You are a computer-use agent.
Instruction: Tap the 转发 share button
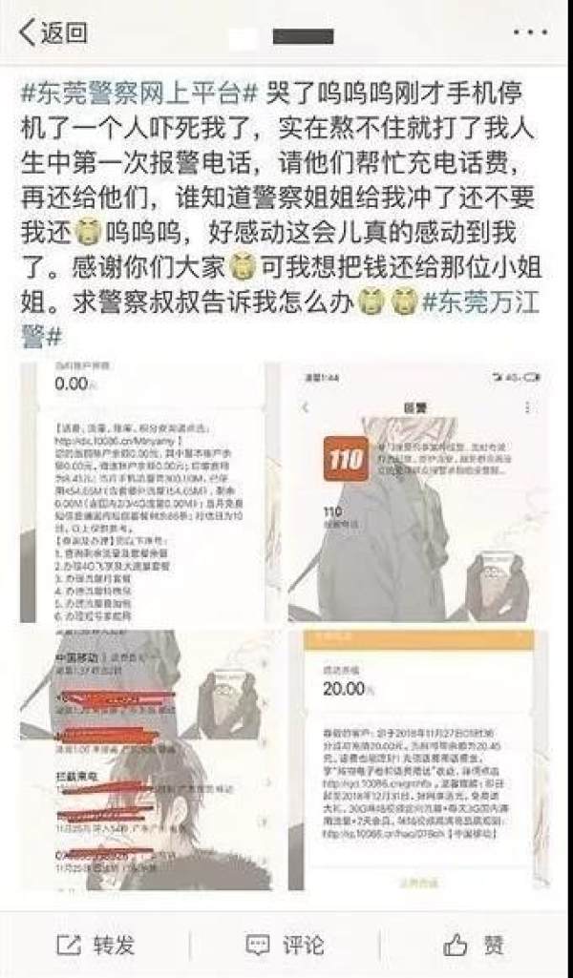tap(95, 945)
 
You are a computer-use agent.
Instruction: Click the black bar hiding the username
tap(303, 35)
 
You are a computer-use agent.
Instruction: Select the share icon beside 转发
tap(68, 946)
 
